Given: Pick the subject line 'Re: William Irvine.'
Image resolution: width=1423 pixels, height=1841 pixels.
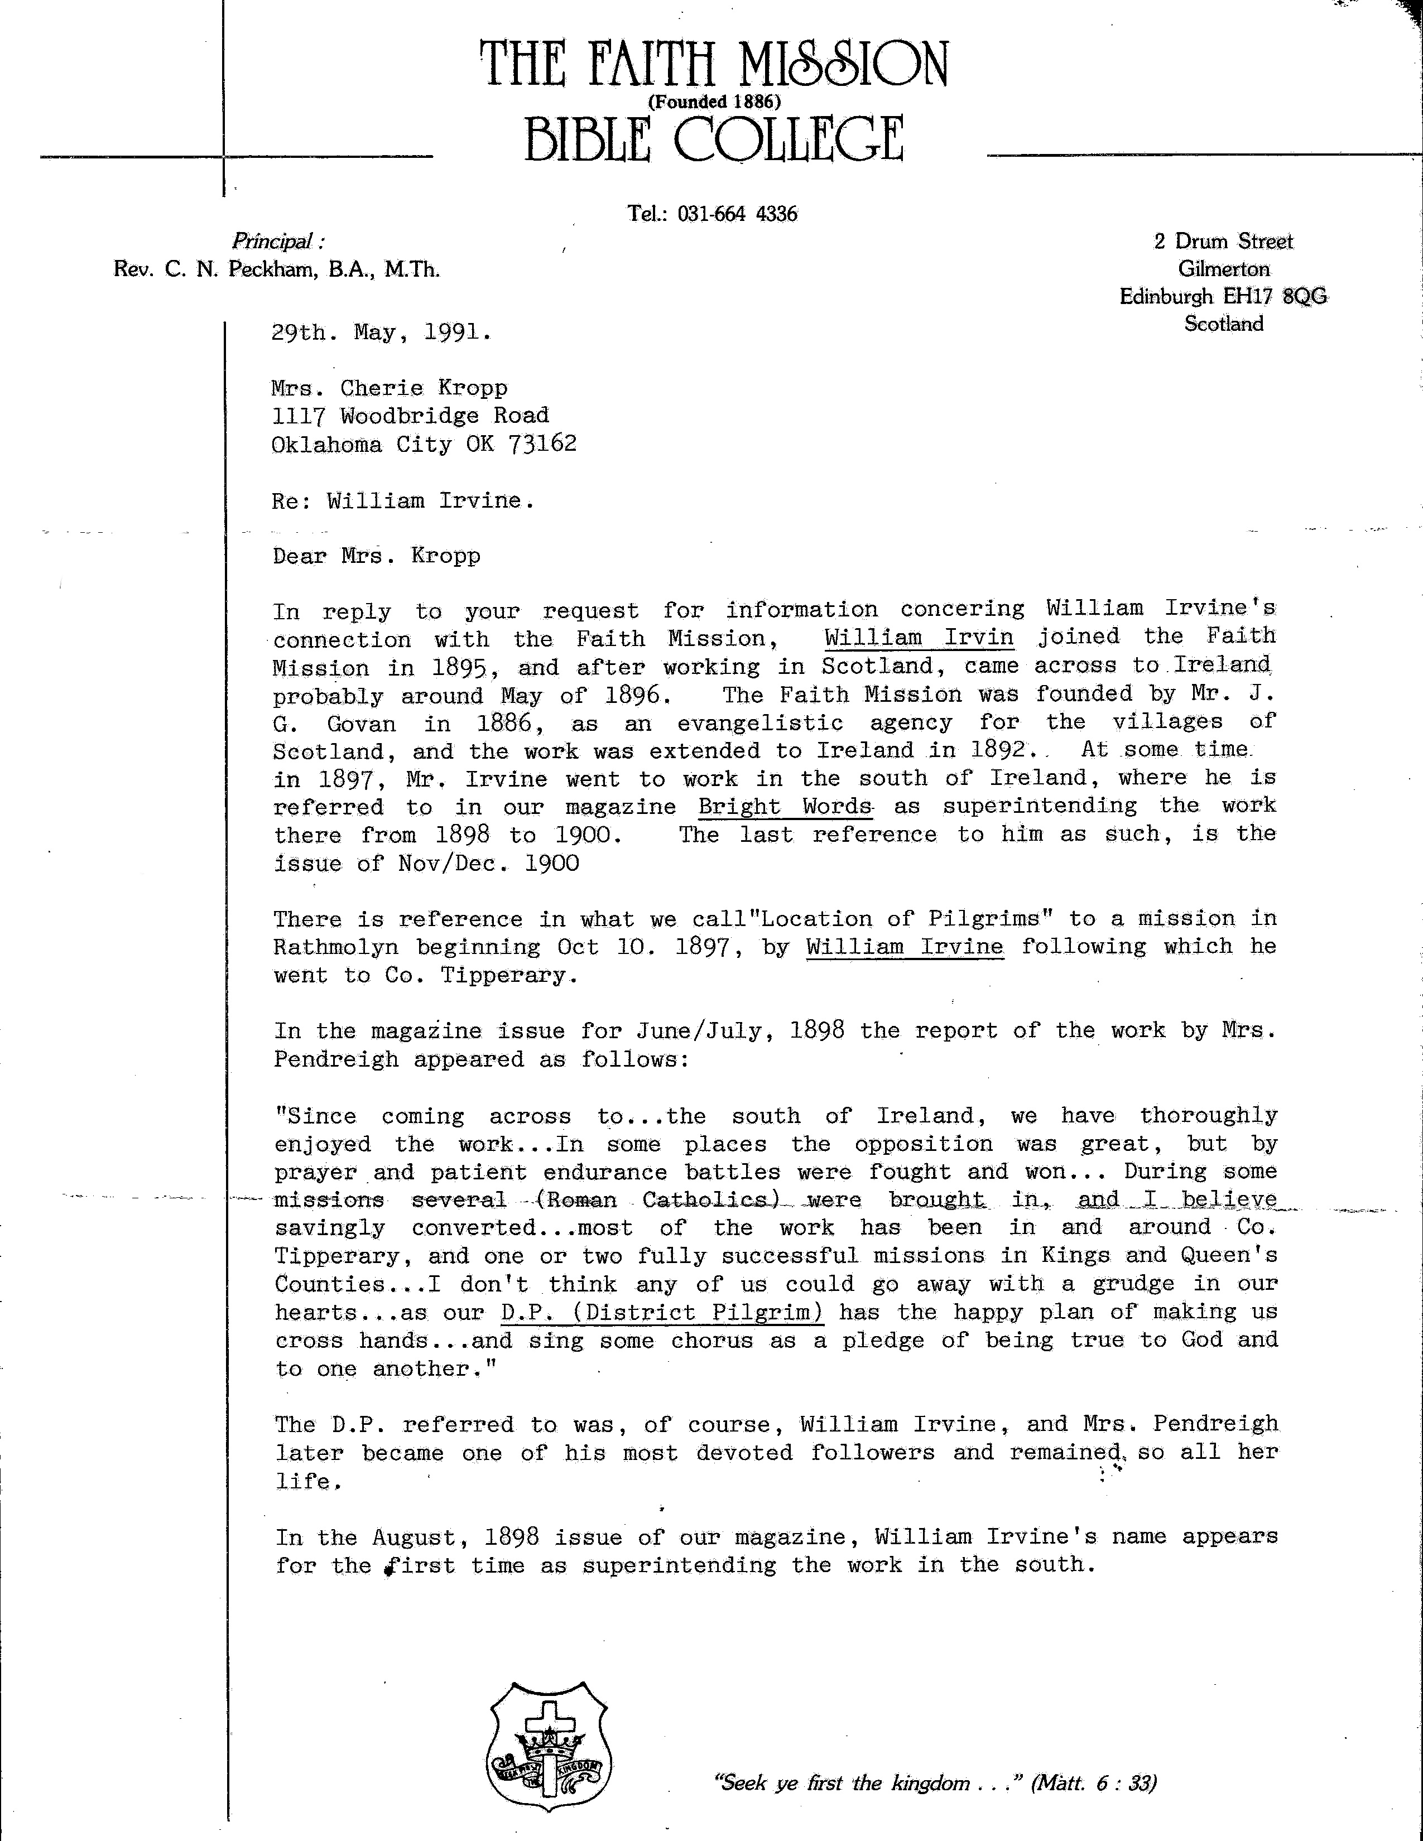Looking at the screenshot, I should [403, 501].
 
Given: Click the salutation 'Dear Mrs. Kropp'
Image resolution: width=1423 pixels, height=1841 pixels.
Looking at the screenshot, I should [376, 556].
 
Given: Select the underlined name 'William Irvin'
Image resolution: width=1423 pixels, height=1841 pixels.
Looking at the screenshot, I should [919, 637].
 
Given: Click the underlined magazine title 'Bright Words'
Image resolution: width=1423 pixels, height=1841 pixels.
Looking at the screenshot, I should [786, 806].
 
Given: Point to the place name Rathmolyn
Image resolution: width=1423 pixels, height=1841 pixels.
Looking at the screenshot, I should [335, 947].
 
